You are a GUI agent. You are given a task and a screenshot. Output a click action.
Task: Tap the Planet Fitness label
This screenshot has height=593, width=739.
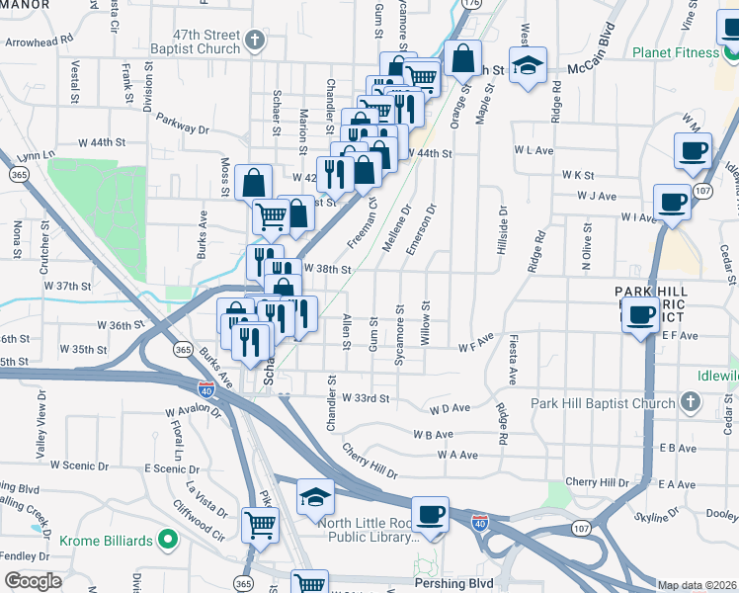tap(675, 52)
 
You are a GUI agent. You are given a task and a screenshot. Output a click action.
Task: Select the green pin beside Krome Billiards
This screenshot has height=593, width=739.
tap(168, 541)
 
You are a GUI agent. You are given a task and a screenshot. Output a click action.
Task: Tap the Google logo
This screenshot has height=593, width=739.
tap(32, 581)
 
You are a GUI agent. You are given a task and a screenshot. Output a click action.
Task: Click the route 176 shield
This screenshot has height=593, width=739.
tap(472, 5)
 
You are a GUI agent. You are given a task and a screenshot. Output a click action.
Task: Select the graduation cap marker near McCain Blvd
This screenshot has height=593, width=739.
tap(530, 65)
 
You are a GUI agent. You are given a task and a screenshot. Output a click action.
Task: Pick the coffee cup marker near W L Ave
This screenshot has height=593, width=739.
tap(693, 150)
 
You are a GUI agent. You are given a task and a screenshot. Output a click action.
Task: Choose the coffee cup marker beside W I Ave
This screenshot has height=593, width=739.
tap(672, 201)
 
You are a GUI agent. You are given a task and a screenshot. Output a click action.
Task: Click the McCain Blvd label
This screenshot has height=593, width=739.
tap(598, 69)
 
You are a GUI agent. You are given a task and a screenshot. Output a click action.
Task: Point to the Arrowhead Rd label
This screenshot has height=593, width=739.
tap(40, 42)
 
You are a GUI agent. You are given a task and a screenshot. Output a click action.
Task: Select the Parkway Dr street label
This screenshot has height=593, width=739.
tap(183, 128)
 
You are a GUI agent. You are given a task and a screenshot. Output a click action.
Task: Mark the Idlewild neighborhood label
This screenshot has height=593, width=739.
tap(712, 381)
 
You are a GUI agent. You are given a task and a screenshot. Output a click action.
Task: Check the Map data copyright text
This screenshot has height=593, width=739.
tap(698, 585)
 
